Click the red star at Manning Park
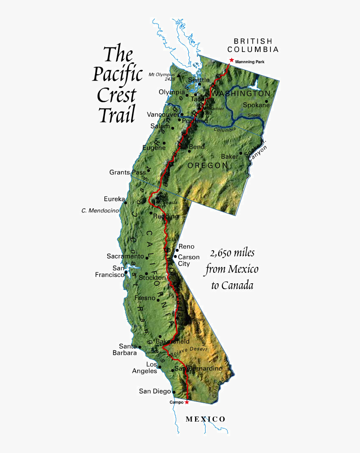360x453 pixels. coord(231,60)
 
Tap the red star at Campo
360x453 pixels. coord(187,402)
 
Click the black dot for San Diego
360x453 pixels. coord(174,392)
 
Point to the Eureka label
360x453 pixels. coord(114,199)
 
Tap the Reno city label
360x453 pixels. coord(186,247)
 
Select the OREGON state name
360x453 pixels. coord(208,166)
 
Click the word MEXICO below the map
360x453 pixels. coord(206,419)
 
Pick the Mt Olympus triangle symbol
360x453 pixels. coord(179,76)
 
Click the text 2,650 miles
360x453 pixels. coord(232,254)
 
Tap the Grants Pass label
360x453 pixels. coord(127,172)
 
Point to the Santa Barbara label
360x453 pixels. coord(128,349)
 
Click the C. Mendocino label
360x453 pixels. coord(100,211)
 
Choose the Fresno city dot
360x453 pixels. coord(158,300)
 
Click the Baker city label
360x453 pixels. coord(229,156)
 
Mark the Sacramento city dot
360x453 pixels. coord(147,256)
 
